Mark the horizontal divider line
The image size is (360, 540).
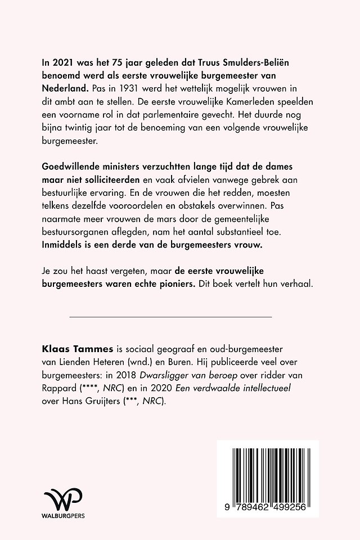(170, 317)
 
